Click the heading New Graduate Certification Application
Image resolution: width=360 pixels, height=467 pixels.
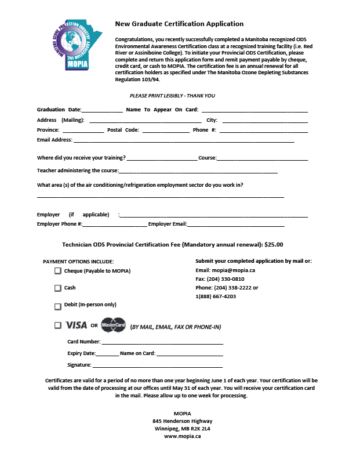coord(179,24)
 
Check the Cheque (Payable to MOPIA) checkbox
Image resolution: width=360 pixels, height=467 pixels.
coord(58,271)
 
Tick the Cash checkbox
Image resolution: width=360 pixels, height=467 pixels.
coord(58,288)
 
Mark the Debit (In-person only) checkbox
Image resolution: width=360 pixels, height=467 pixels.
coord(58,306)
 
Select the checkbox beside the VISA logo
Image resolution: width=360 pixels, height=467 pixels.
coord(58,325)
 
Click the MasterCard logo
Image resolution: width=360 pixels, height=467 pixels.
coord(114,325)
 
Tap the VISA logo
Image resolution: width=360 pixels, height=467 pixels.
coord(77,325)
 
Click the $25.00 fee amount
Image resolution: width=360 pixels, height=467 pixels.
coord(274,245)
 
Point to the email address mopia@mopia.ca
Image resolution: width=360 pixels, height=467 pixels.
coord(230,270)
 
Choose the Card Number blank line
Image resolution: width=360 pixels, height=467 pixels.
coord(162,343)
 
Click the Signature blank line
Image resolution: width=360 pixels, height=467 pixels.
coord(158,366)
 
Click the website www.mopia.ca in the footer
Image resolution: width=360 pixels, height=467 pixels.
coord(182,436)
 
